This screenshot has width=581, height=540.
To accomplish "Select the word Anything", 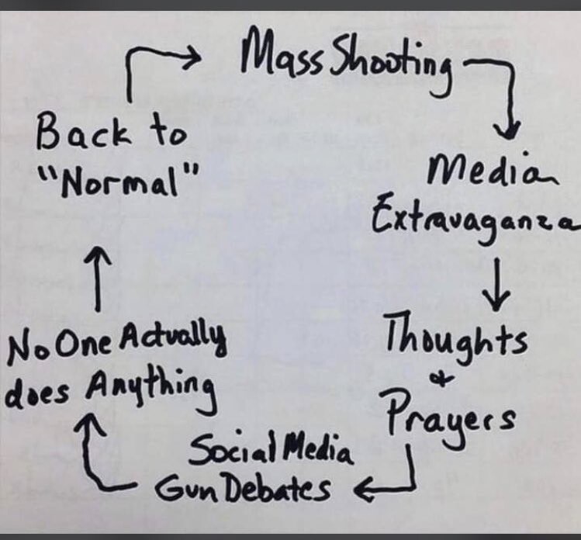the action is [x=150, y=391].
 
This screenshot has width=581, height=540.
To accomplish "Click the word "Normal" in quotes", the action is [x=119, y=181].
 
